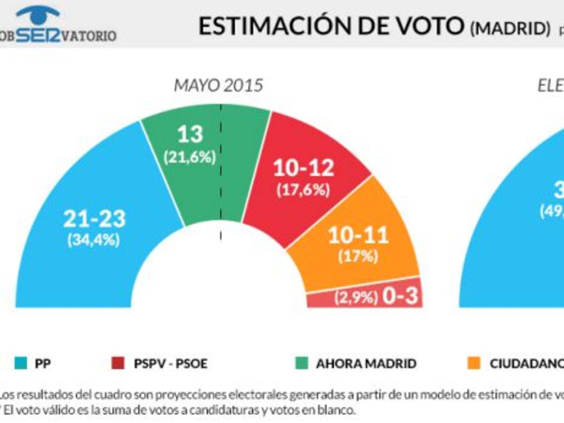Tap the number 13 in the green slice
(x=189, y=135)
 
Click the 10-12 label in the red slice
(x=303, y=168)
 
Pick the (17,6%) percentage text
(x=303, y=189)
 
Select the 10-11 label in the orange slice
(x=358, y=235)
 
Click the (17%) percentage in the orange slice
(x=358, y=256)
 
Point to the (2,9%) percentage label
(x=357, y=298)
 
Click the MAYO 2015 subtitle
(x=218, y=86)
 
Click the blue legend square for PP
(x=16, y=363)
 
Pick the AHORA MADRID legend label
(x=366, y=364)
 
